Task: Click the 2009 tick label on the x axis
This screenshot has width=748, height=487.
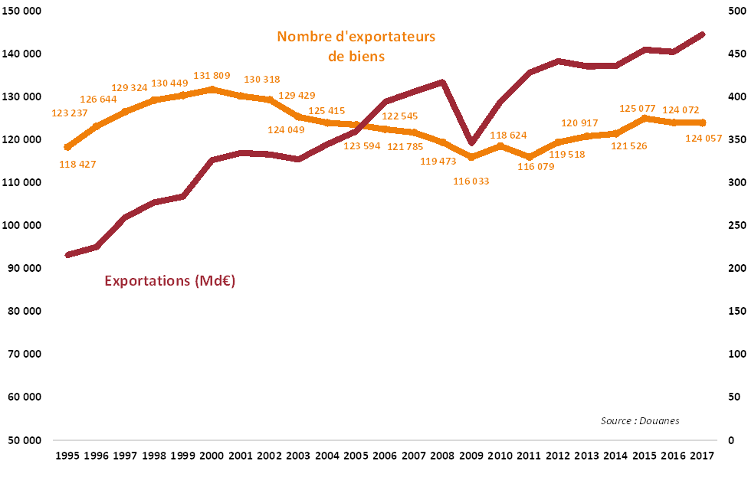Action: point(471,456)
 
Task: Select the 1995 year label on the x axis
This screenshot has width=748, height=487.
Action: point(68,456)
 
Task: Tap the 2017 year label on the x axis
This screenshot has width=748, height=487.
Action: point(702,456)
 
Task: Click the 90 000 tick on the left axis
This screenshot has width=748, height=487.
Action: point(24,269)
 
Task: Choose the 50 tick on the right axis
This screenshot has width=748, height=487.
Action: point(735,397)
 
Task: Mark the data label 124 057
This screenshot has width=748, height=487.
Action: point(717,138)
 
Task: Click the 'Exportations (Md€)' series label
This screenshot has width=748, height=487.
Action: point(169,281)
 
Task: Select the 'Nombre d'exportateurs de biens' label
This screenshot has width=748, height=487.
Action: point(356,46)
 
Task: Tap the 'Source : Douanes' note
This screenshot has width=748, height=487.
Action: point(640,420)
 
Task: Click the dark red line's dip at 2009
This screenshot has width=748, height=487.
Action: point(472,142)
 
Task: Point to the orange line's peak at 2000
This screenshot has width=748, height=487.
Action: point(212,89)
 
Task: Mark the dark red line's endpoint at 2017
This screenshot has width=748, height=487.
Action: point(703,34)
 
